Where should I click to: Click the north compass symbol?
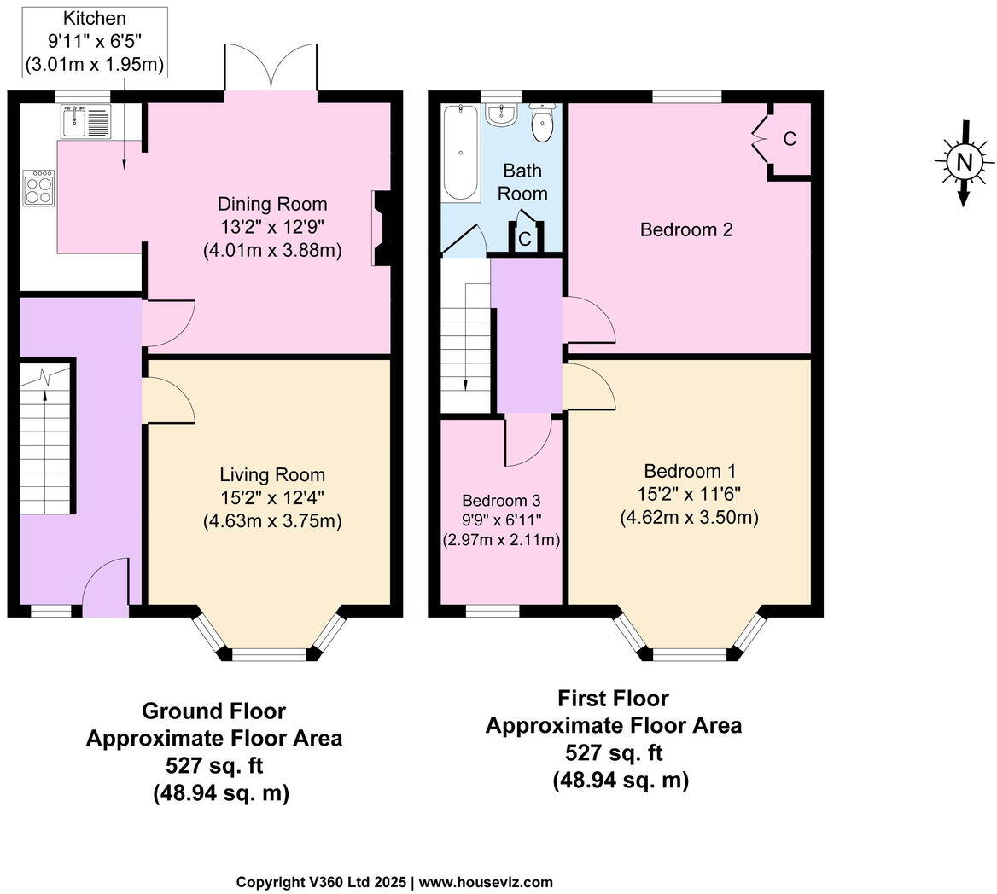[964, 162]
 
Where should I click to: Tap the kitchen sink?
[85, 122]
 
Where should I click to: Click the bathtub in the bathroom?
[461, 152]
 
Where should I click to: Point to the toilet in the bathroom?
[542, 123]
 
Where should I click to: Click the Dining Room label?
[271, 204]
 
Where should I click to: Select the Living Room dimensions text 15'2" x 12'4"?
[271, 497]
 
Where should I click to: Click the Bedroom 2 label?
[686, 229]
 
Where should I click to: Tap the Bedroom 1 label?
[690, 471]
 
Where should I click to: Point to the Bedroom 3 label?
[501, 501]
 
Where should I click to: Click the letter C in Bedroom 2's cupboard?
[790, 139]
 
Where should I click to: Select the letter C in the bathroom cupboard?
[524, 240]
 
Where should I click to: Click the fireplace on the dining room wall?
[381, 229]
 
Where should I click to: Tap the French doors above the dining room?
[271, 68]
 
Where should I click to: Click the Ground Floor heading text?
[213, 711]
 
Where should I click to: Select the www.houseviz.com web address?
[486, 882]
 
